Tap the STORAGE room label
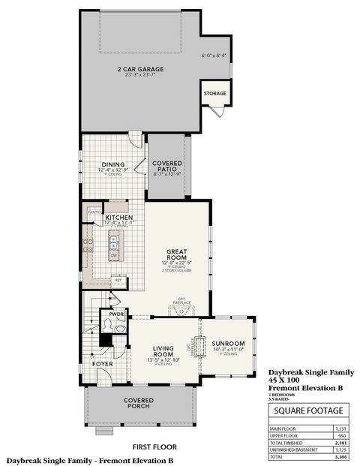pyautogui.click(x=214, y=94)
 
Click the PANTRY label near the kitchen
pyautogui.click(x=94, y=212)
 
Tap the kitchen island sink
pyautogui.click(x=114, y=241)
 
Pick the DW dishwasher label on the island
pyautogui.click(x=114, y=256)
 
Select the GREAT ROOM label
pyautogui.click(x=177, y=255)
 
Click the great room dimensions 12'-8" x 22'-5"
pyautogui.click(x=177, y=263)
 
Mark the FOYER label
pyautogui.click(x=103, y=363)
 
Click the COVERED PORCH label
pyautogui.click(x=138, y=404)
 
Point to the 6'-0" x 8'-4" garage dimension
pyautogui.click(x=214, y=56)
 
